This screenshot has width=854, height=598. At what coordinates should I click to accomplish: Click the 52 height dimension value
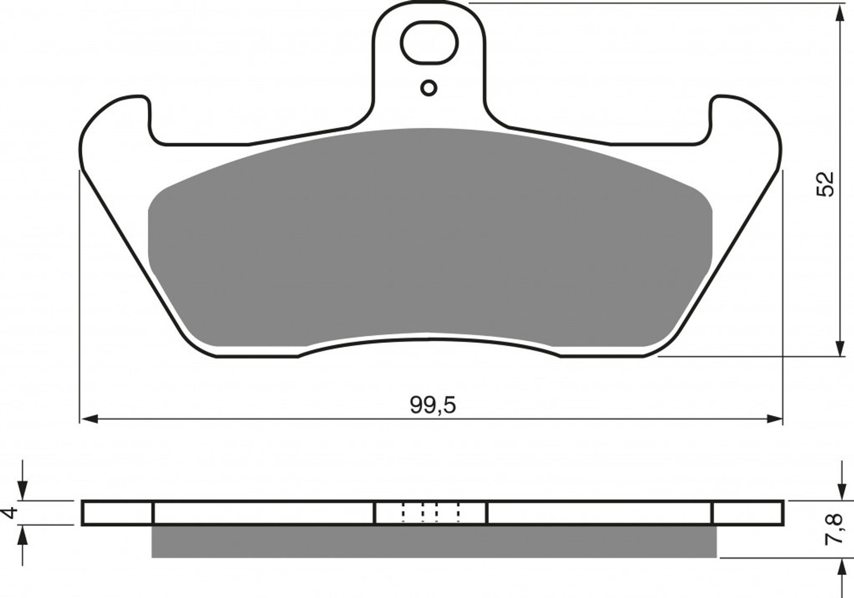coord(825,185)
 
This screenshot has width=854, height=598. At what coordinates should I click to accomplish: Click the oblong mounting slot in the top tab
coord(429,42)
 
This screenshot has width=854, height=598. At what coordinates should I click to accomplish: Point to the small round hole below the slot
coord(429,88)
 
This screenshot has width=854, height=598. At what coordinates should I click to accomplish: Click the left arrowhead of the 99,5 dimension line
coord(90,419)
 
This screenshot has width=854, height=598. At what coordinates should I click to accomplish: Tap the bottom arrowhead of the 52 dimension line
coord(839,348)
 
